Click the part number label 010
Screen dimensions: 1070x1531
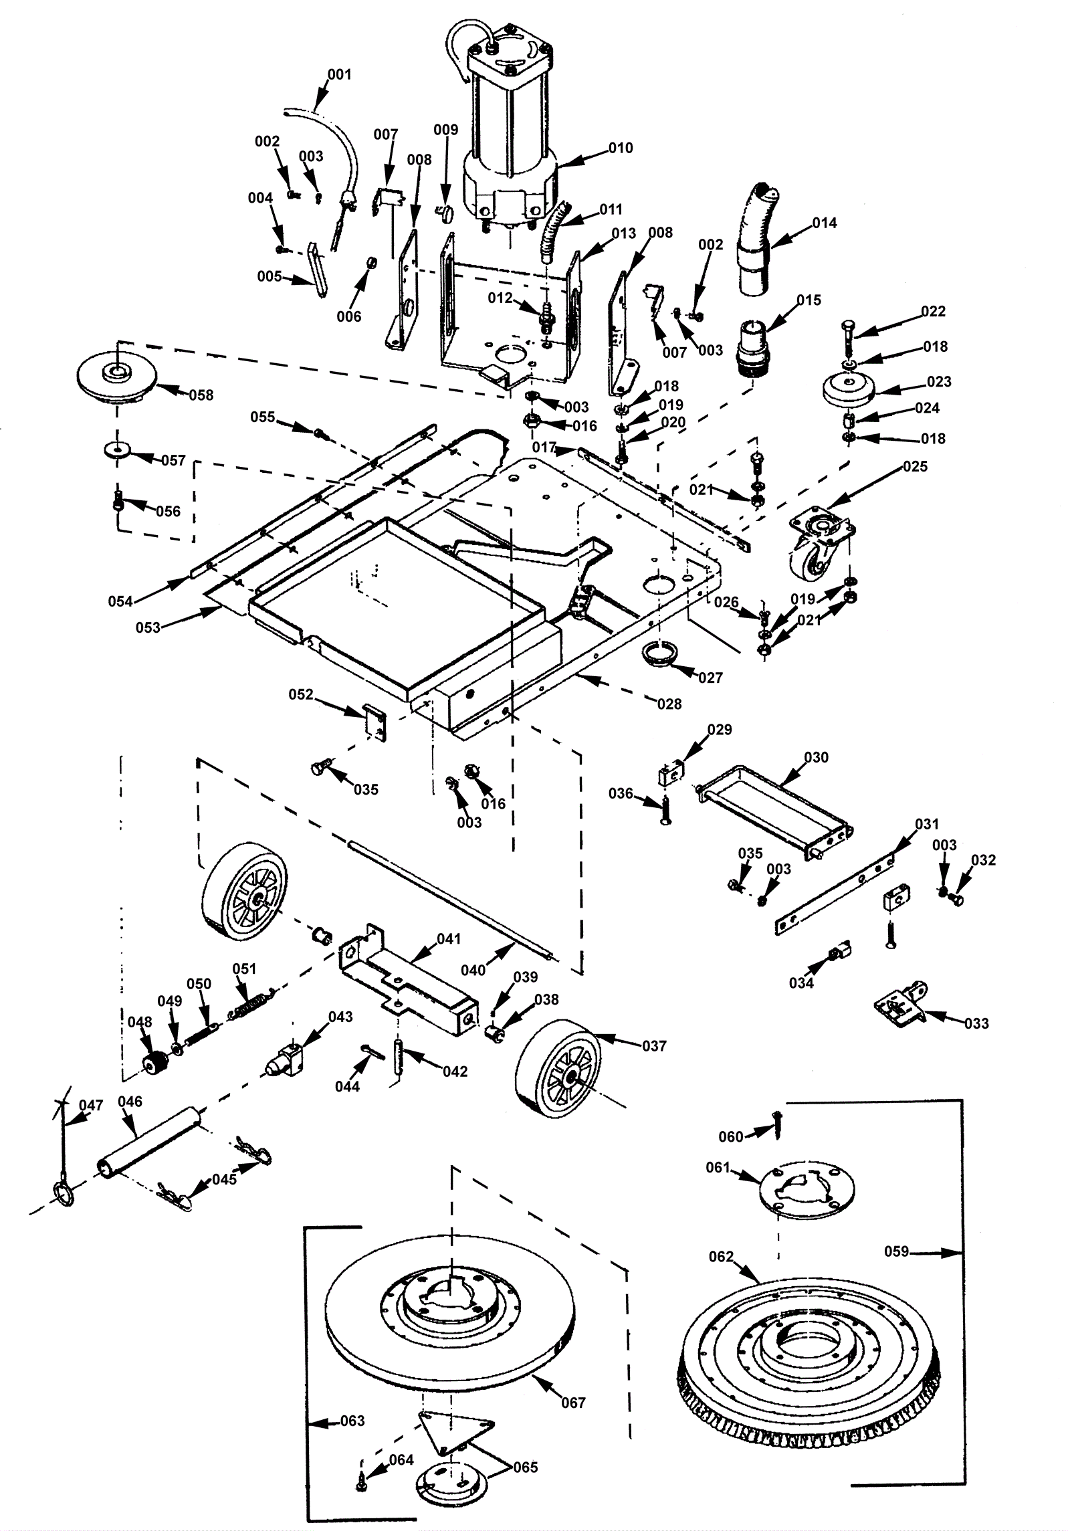click(621, 148)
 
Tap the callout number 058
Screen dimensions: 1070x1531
click(201, 395)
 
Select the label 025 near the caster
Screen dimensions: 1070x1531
click(915, 466)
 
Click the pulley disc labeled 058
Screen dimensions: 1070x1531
click(118, 377)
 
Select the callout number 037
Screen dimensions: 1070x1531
click(654, 1045)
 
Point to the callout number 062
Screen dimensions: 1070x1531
click(722, 1257)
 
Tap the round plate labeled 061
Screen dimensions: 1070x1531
click(807, 1190)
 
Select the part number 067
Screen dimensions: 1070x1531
click(573, 1403)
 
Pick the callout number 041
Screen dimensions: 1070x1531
click(449, 938)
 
